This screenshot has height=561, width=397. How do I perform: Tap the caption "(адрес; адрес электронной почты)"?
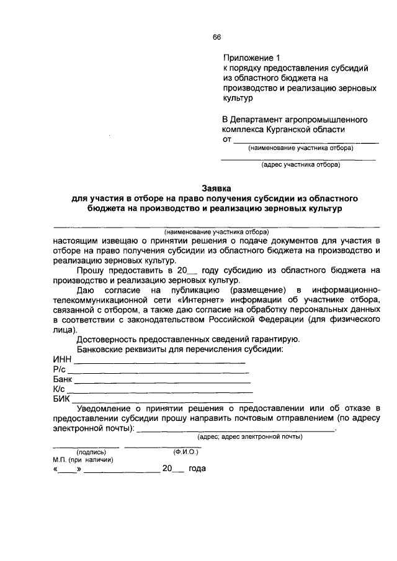249,437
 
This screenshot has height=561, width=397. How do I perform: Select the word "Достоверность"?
109,338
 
